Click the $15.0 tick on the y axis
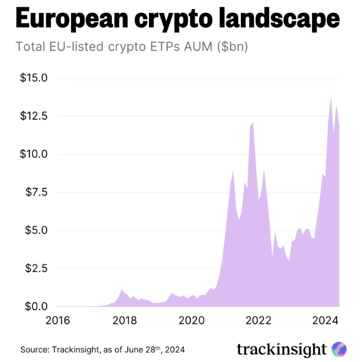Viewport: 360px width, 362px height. click(34, 78)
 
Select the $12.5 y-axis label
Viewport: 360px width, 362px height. click(34, 116)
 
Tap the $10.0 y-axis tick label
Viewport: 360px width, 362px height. click(34, 154)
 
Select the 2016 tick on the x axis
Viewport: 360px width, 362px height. click(58, 320)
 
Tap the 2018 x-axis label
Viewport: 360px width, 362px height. click(125, 320)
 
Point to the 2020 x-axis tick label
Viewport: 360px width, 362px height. click(191, 320)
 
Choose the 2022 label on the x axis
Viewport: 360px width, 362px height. click(259, 320)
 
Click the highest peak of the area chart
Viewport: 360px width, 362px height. click(331, 97)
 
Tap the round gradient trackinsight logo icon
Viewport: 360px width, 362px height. click(339, 349)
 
